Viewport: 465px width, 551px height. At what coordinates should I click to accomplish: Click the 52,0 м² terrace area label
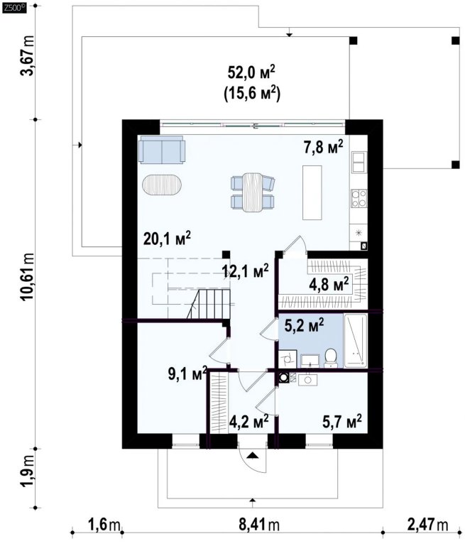click(x=251, y=73)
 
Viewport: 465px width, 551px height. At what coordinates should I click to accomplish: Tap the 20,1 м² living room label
click(x=167, y=239)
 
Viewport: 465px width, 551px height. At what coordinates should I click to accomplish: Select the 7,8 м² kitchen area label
click(x=323, y=147)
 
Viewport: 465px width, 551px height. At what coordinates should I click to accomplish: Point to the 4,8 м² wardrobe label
click(x=329, y=284)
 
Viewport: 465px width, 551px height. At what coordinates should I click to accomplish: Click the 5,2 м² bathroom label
click(x=304, y=325)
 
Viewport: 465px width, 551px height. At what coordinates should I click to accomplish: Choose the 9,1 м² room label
click(x=187, y=374)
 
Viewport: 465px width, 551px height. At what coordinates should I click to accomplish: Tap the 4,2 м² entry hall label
click(x=249, y=420)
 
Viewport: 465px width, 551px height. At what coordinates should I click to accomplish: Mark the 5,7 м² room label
click(x=342, y=420)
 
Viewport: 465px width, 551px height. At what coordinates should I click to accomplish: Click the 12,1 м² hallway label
click(x=246, y=271)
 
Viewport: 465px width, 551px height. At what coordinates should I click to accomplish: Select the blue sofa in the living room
click(x=162, y=150)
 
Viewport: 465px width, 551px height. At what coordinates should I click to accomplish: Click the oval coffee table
click(x=163, y=185)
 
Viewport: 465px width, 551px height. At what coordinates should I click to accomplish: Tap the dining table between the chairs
click(x=253, y=192)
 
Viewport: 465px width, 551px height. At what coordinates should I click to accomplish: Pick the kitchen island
click(x=312, y=192)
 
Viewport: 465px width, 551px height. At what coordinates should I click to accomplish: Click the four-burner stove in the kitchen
click(x=359, y=198)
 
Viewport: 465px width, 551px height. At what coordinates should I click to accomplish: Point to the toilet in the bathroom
click(x=330, y=358)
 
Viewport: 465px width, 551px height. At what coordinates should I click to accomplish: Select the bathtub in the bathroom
click(x=356, y=341)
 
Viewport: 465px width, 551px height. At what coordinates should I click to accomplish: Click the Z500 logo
click(x=14, y=9)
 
